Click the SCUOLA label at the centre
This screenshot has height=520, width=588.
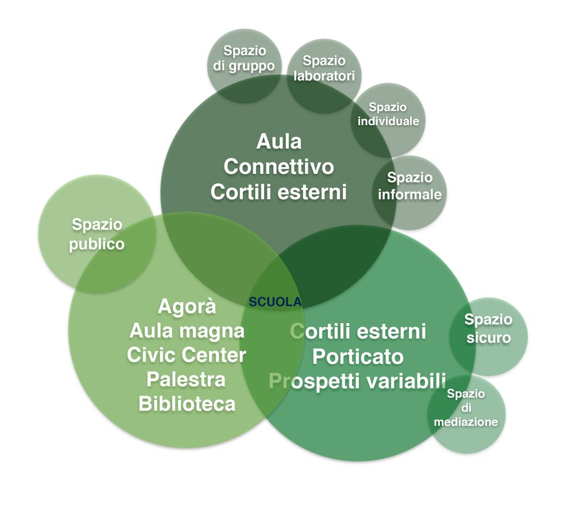point(275,301)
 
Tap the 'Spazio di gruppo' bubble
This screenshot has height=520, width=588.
point(244,59)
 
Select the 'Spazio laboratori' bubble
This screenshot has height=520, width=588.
point(324,68)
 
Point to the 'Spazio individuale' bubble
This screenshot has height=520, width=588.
point(388,114)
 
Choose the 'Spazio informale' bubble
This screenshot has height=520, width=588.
point(409,187)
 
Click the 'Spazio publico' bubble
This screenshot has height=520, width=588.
point(96,234)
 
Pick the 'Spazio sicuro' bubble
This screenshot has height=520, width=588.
point(489,328)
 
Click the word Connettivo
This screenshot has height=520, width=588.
point(278,167)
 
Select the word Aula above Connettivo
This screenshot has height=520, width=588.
point(278,141)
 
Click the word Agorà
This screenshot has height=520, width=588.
point(187,306)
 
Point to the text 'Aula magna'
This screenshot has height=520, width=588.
point(187,331)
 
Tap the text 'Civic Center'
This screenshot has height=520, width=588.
point(187,355)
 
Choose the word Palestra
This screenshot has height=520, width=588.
point(187,379)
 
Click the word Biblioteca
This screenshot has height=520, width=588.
point(187,403)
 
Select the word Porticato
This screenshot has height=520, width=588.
point(358,356)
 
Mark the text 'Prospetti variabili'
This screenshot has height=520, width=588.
point(358,381)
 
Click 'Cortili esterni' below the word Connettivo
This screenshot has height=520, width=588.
point(278,192)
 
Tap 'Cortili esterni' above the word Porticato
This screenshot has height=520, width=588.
point(358,331)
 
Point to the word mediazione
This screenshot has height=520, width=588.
point(466,422)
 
